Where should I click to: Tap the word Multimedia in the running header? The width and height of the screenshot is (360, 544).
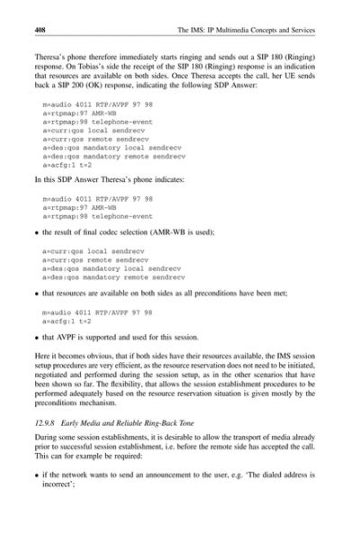click(x=244, y=30)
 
